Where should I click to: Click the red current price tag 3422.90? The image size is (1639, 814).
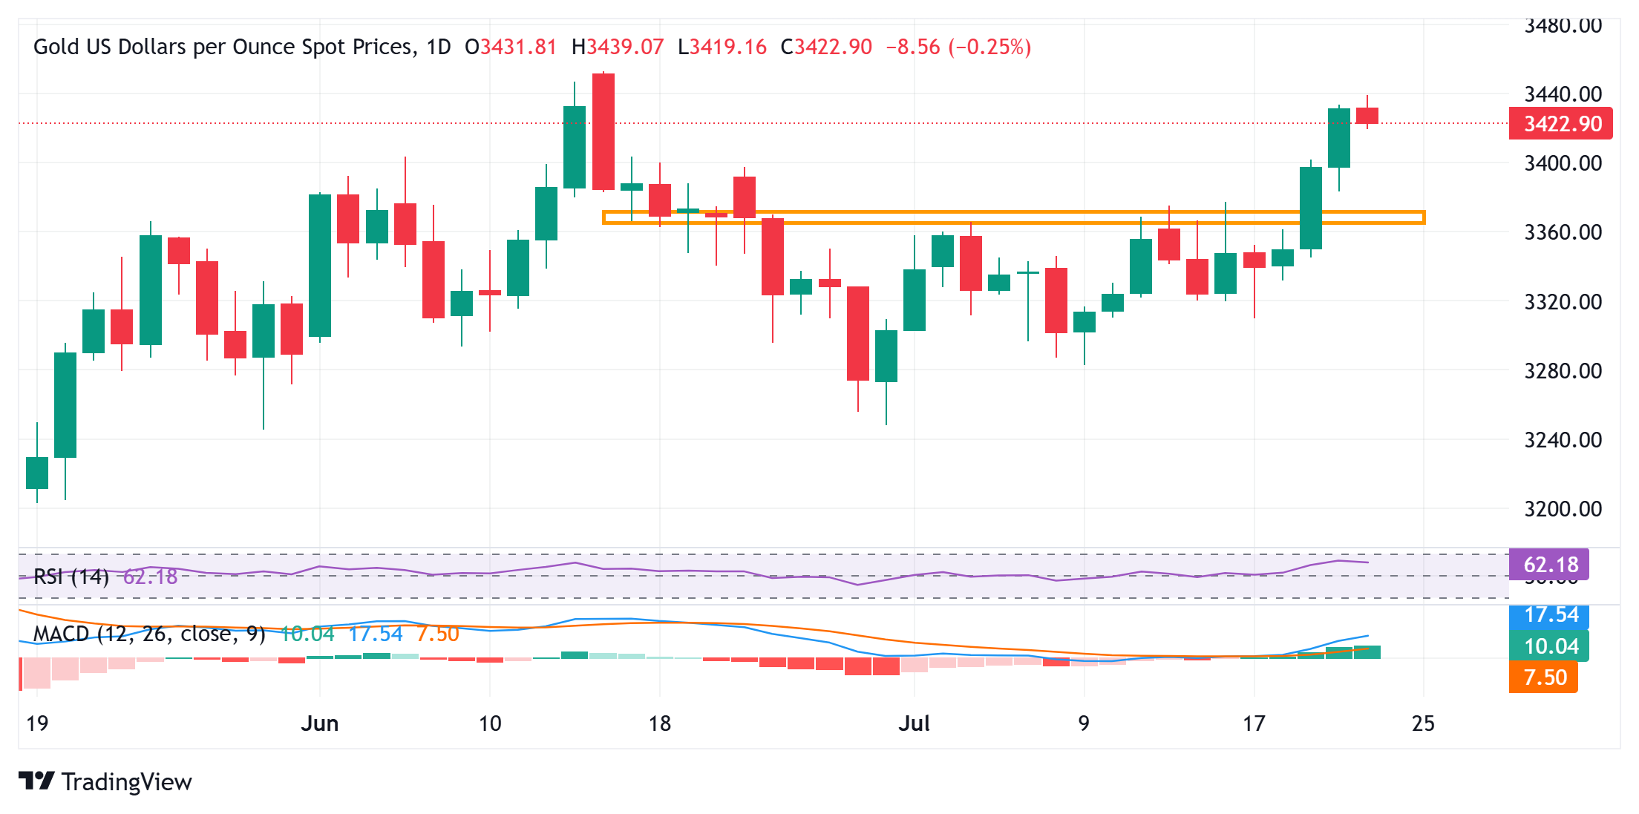click(x=1560, y=124)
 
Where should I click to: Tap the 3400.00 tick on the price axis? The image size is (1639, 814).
click(x=1563, y=163)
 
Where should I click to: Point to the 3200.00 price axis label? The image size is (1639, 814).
click(x=1563, y=509)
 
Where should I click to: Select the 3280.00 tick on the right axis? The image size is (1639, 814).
click(x=1563, y=370)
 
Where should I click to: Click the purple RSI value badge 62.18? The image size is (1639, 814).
click(x=1549, y=565)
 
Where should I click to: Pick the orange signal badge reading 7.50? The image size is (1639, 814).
click(x=1545, y=677)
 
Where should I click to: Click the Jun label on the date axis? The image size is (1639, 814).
click(x=320, y=723)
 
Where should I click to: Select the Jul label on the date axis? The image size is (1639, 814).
click(x=914, y=723)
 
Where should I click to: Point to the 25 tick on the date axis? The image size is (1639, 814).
click(x=1423, y=723)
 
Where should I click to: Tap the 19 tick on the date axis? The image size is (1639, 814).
click(x=37, y=723)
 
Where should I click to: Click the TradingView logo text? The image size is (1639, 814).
click(x=126, y=782)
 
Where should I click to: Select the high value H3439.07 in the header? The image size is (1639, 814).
click(x=618, y=47)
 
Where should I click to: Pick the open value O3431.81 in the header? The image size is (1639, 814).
click(x=511, y=47)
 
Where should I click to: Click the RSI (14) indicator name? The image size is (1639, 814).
click(x=71, y=577)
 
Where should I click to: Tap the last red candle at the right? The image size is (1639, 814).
click(x=1367, y=116)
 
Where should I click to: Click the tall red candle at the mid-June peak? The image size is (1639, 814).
click(x=603, y=132)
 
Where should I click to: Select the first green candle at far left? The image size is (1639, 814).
click(x=37, y=473)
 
